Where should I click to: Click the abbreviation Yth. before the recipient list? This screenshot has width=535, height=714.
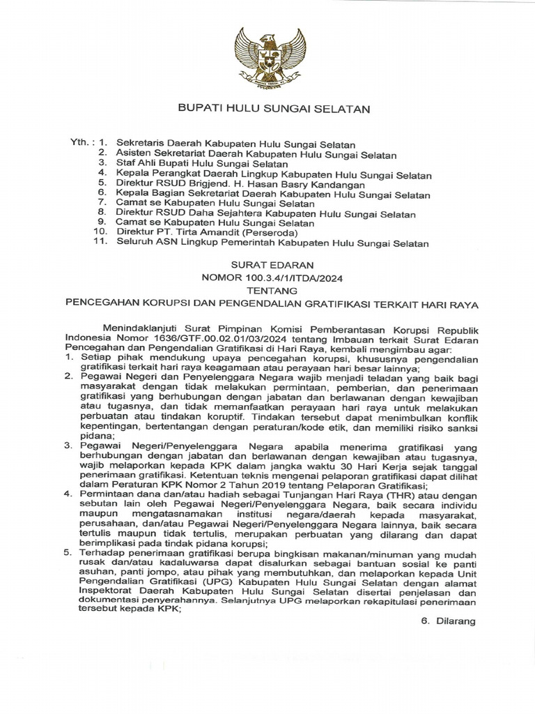tap(82, 142)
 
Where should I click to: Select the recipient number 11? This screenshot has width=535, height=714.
tap(100, 243)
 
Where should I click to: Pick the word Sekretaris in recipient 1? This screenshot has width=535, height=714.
tap(141, 142)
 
